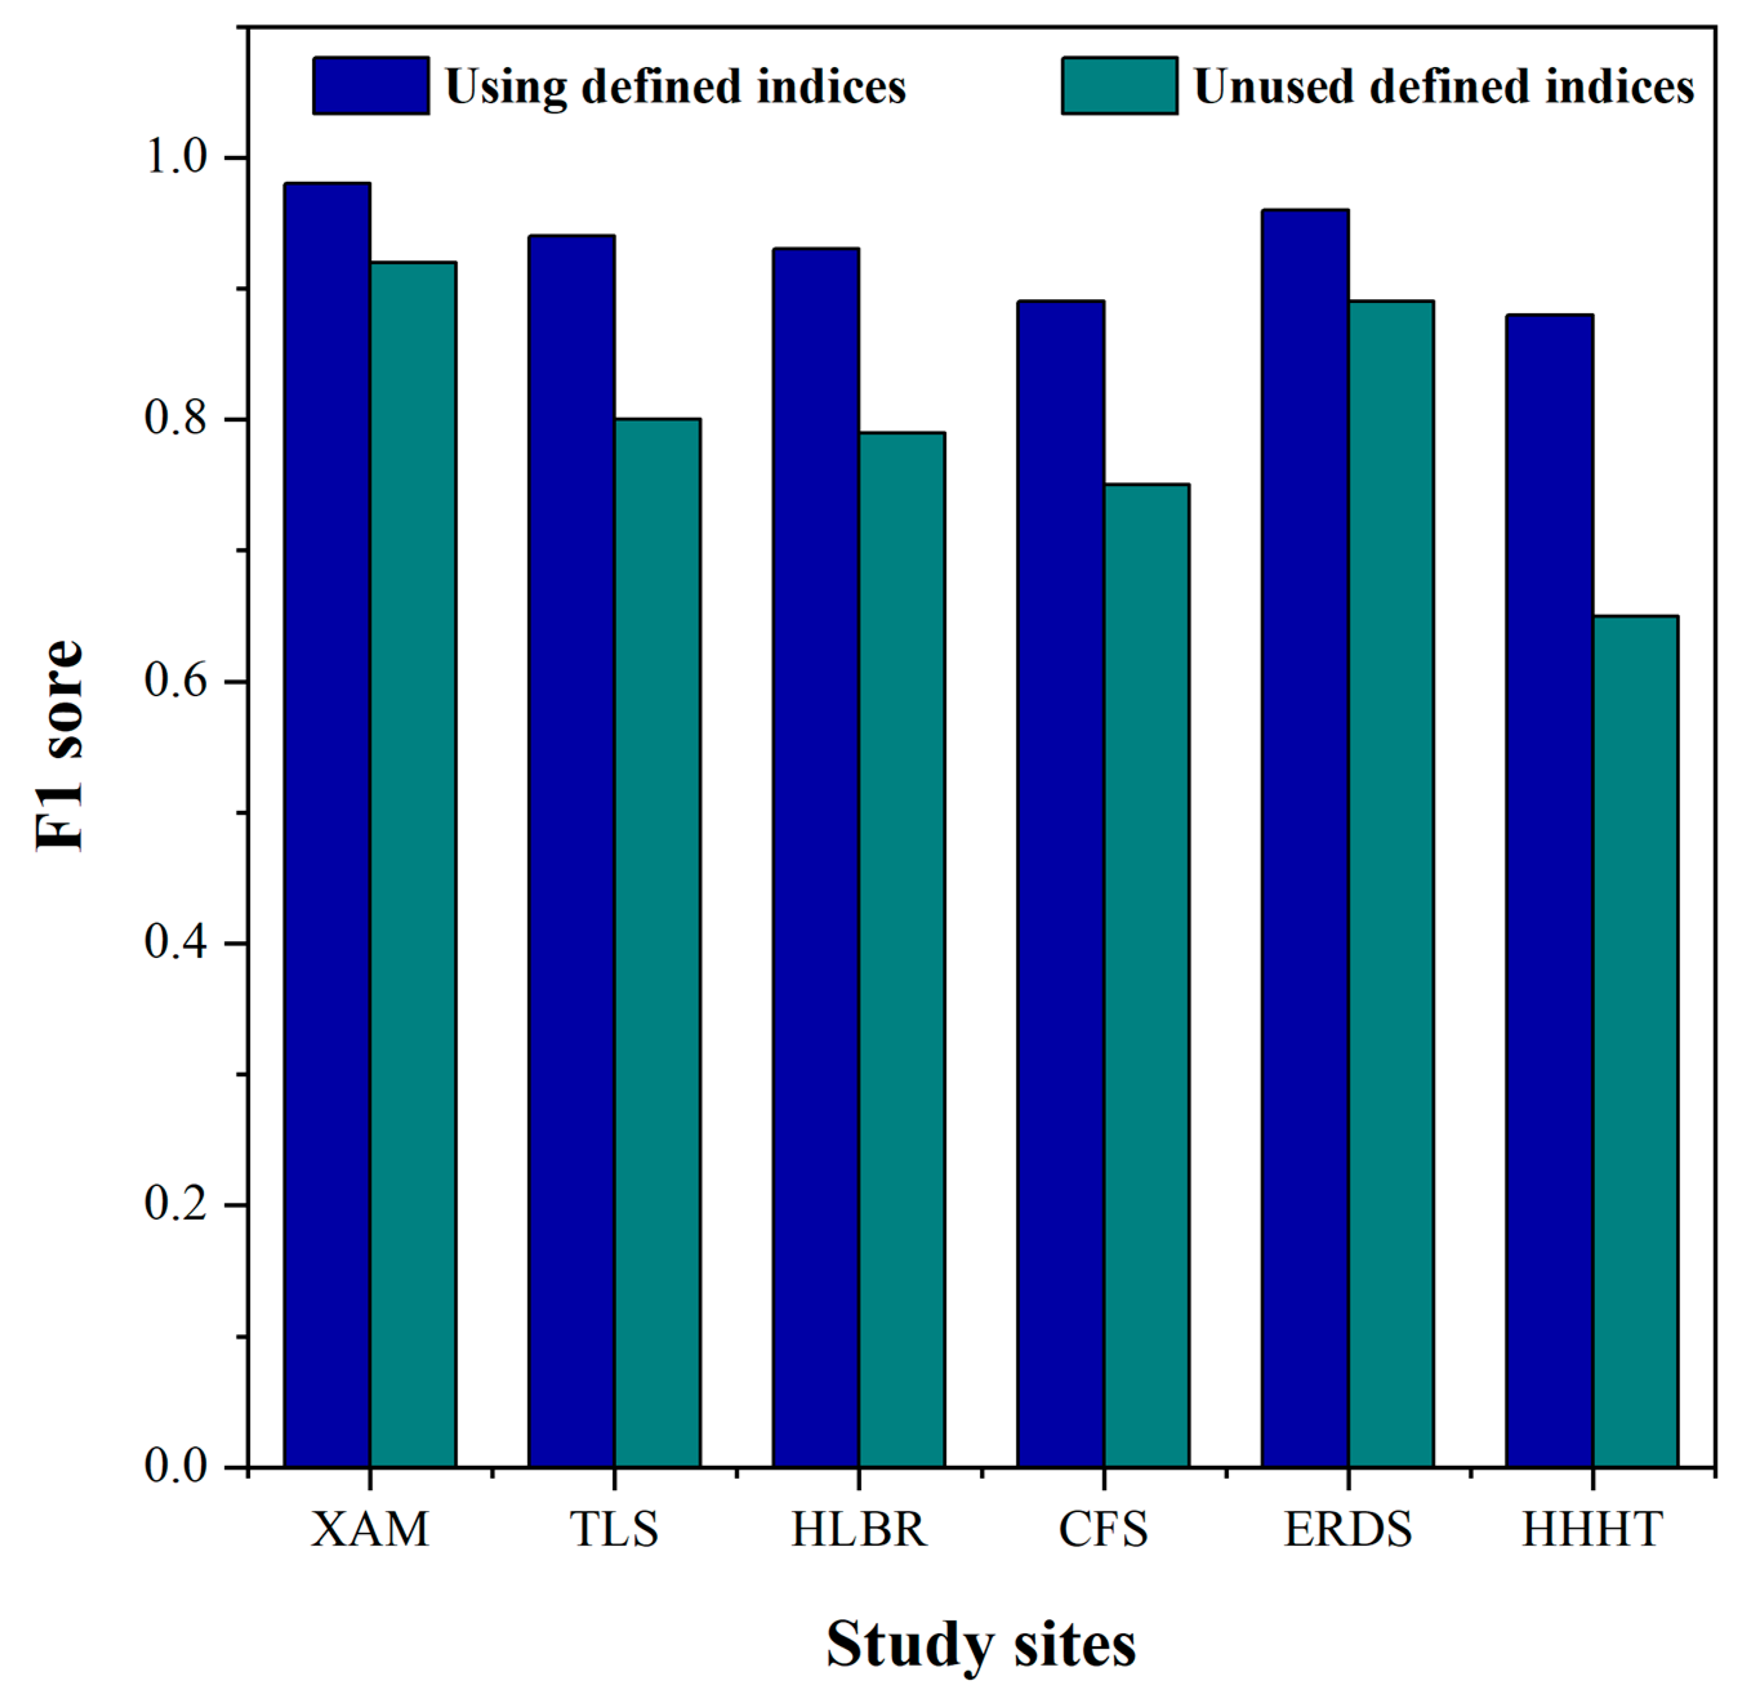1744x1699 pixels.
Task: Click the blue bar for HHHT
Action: [x=1549, y=891]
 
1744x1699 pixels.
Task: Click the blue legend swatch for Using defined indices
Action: [x=370, y=86]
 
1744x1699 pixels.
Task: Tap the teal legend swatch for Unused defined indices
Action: [x=1119, y=86]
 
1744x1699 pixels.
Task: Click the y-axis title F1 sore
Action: [x=59, y=745]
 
